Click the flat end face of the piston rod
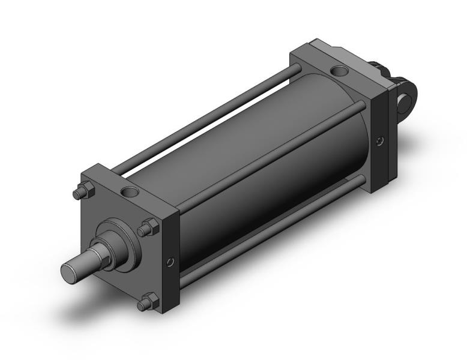click(x=70, y=272)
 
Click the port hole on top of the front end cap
click(x=129, y=193)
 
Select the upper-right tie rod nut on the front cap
click(x=148, y=228)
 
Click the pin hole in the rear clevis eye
click(x=412, y=94)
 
